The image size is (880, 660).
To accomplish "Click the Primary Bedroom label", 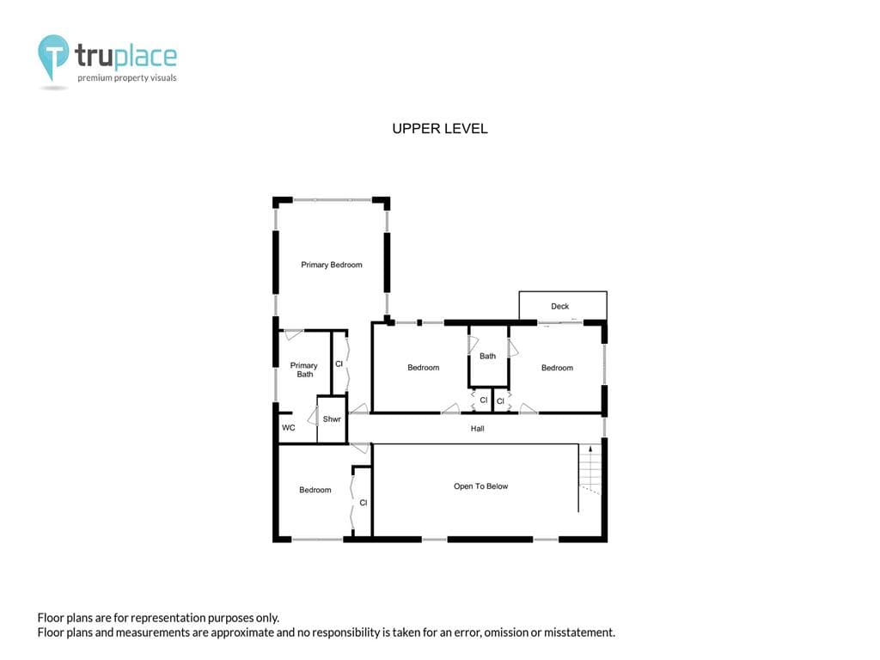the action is click(x=331, y=265).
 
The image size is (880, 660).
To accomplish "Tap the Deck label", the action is click(x=559, y=307).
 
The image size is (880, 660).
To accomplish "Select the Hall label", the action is click(x=477, y=429).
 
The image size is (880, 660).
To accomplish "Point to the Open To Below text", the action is click(x=480, y=486).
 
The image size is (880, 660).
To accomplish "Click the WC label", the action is click(x=289, y=428).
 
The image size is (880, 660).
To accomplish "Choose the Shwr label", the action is click(x=332, y=419).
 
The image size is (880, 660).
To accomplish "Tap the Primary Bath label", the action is click(x=303, y=370).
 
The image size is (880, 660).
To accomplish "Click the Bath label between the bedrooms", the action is click(x=487, y=356).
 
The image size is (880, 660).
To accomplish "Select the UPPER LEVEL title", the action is click(x=440, y=129).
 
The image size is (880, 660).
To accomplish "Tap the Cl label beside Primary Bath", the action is click(x=339, y=364).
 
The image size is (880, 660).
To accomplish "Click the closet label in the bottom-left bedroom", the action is click(x=364, y=503).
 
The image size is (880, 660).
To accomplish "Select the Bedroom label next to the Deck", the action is click(x=557, y=368).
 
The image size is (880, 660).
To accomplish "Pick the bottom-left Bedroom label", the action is click(x=315, y=490).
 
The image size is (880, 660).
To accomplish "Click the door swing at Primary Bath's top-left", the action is click(x=292, y=334).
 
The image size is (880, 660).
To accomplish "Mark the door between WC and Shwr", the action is click(x=313, y=416).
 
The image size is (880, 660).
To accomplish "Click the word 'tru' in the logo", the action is click(x=94, y=56).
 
